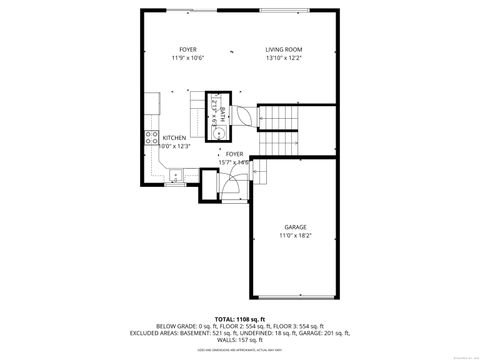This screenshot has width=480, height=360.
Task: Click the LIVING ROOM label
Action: coord(284,50)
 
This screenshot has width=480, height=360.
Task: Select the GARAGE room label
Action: coord(295,227)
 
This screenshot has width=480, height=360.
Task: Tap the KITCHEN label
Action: coord(174,138)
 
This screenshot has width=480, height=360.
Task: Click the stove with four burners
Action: coord(152,138)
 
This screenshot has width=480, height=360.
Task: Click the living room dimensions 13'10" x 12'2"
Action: coord(284,58)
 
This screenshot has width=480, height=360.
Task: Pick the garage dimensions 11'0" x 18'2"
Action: coord(295,236)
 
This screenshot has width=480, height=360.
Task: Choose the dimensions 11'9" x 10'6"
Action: coord(187,58)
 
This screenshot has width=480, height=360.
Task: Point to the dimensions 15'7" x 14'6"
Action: coord(234,162)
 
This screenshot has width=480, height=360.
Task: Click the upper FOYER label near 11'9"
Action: coord(187,50)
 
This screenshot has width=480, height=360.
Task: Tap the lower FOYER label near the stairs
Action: coord(234,154)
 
